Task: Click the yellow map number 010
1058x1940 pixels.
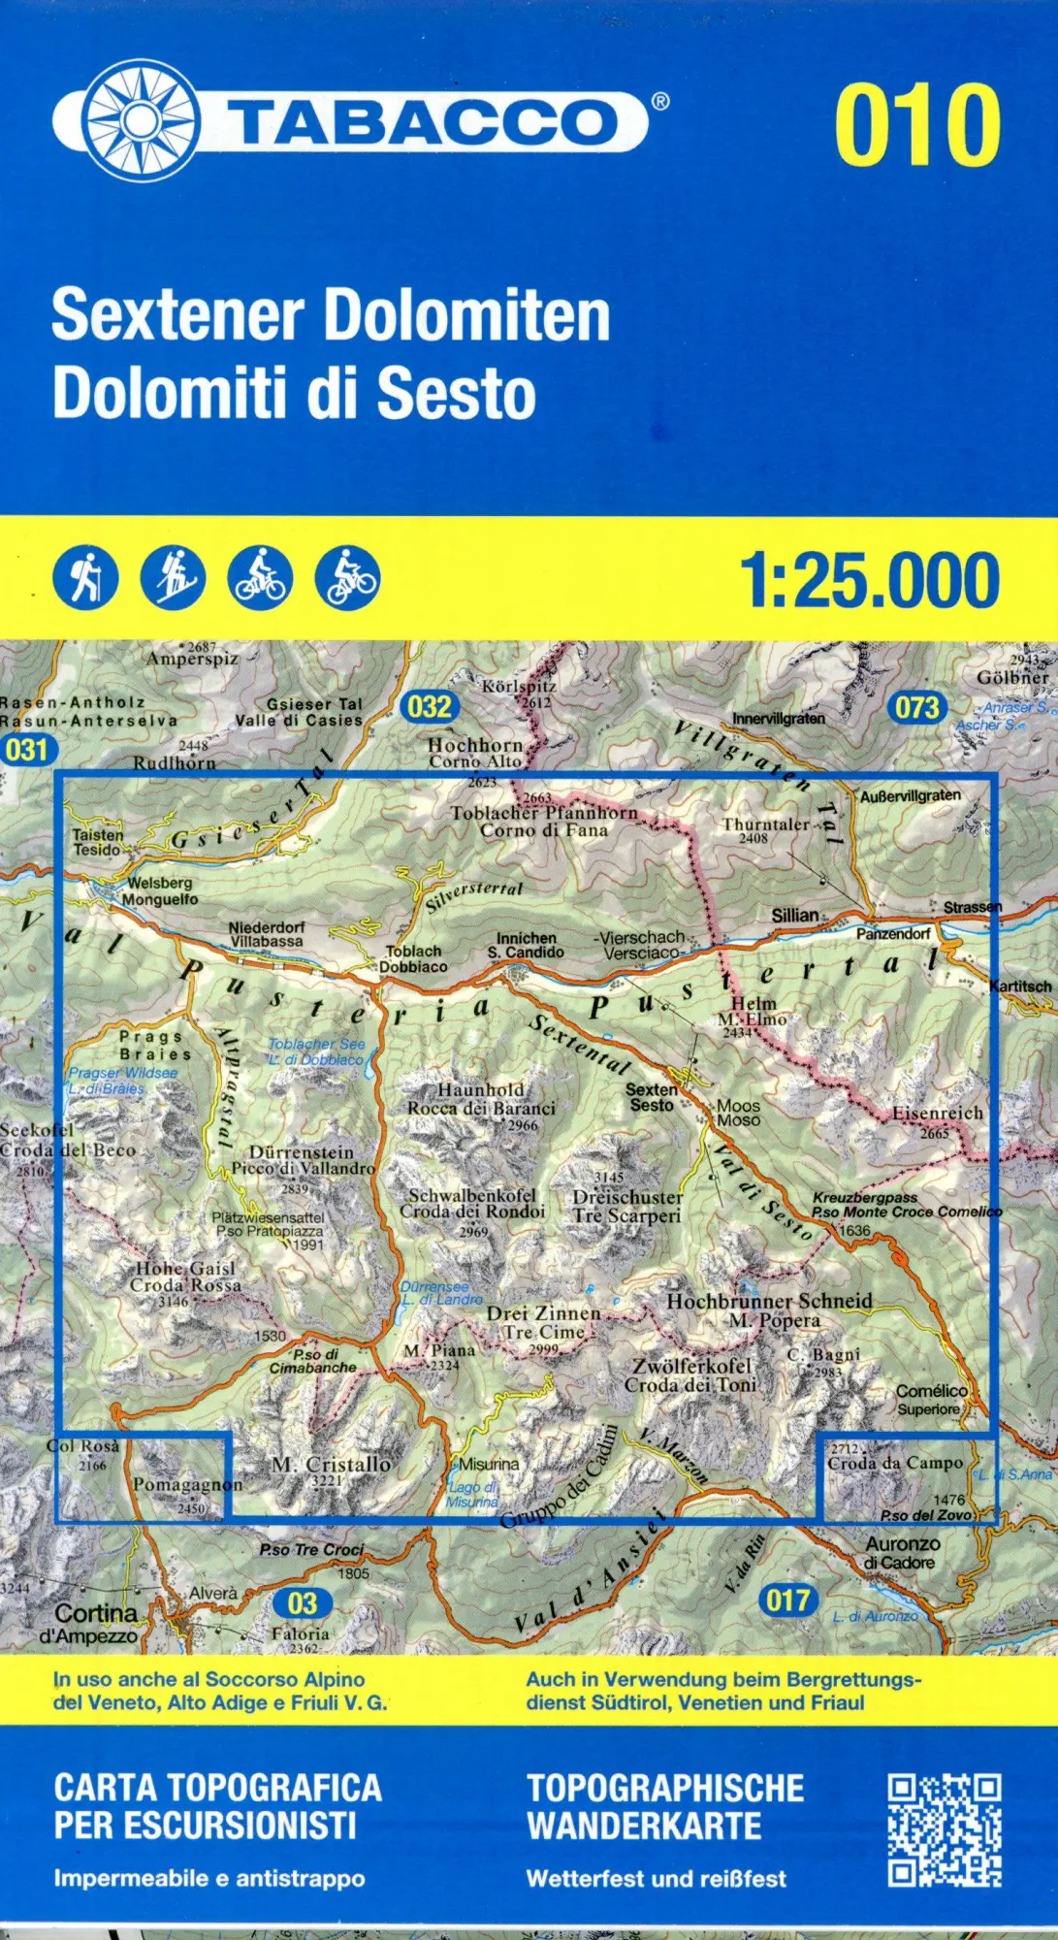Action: coord(916,125)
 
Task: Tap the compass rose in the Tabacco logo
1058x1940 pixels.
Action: coord(140,120)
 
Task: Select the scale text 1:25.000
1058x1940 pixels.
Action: coord(869,580)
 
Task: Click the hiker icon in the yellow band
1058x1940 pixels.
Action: coord(86,578)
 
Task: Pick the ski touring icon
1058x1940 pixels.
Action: coord(173,578)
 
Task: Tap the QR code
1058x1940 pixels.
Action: coord(944,1829)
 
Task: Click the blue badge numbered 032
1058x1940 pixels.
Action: coord(429,706)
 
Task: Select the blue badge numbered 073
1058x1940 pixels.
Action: coord(916,707)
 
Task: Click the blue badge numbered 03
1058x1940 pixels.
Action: coord(302,1602)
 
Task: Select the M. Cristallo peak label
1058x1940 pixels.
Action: coord(332,1465)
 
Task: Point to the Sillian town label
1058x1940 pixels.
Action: coord(794,915)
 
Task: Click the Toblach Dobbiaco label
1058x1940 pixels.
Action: coord(413,958)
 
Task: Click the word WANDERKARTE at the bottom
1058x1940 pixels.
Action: coord(644,1826)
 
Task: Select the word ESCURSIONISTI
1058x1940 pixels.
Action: coord(205,1826)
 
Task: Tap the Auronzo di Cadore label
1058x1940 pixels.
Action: coord(902,1552)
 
